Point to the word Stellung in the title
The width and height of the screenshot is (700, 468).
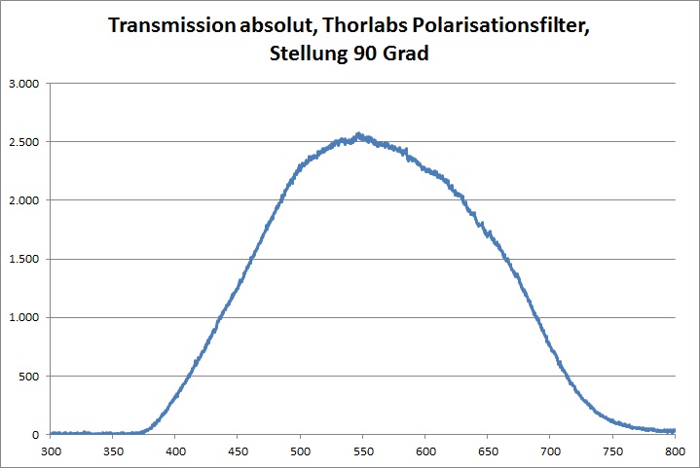pyautogui.click(x=310, y=55)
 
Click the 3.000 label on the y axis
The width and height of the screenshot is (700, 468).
pyautogui.click(x=21, y=84)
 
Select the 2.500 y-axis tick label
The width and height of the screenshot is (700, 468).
pyautogui.click(x=21, y=142)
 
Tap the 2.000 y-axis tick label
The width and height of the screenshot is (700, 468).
pyautogui.click(x=21, y=200)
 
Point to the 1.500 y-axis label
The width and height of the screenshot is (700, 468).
pyautogui.click(x=21, y=259)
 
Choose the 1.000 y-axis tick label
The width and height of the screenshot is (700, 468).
pyautogui.click(x=21, y=317)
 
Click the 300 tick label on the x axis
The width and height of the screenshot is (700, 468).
pyautogui.click(x=51, y=451)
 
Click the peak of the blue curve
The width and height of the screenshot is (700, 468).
pyautogui.click(x=358, y=134)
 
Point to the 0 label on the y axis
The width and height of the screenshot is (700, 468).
pyautogui.click(x=35, y=434)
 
